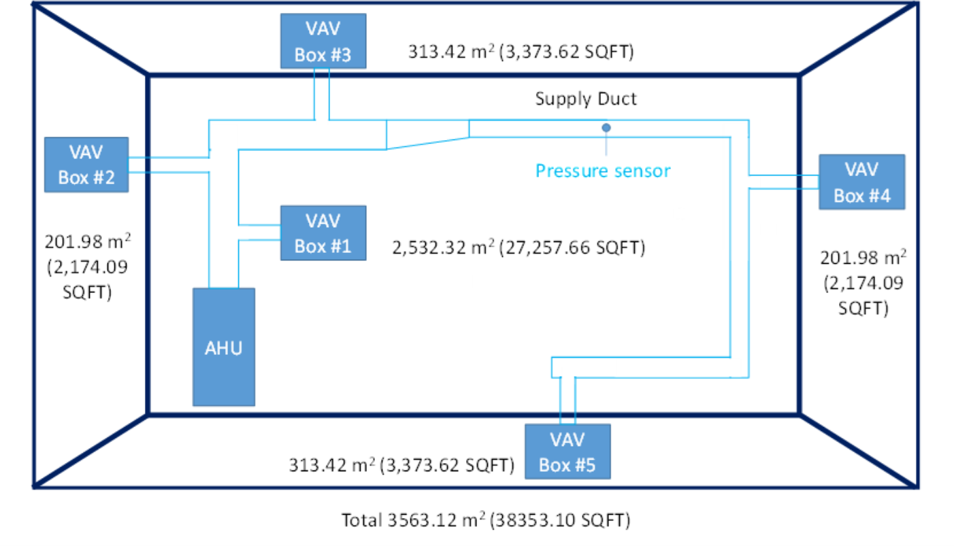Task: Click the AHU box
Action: (x=224, y=347)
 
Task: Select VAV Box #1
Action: (x=323, y=233)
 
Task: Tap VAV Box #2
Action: (x=86, y=165)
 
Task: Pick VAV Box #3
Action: (x=323, y=41)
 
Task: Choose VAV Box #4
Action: (x=861, y=182)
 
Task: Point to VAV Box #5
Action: (x=568, y=452)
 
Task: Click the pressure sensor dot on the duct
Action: (x=606, y=127)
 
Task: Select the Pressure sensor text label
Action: (x=602, y=170)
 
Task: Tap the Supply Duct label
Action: (x=586, y=99)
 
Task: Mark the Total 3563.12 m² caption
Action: (x=486, y=521)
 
